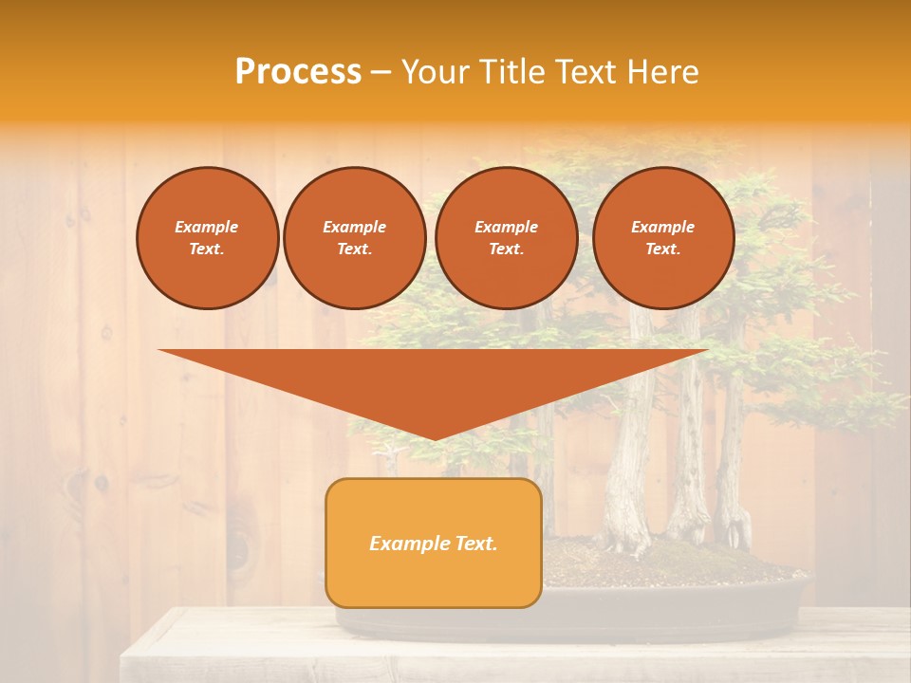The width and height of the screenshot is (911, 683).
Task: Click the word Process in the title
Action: point(298,72)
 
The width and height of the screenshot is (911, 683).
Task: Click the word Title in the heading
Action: point(509,72)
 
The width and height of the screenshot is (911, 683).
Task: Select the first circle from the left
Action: point(207,237)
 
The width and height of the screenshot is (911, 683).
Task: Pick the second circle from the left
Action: point(354,237)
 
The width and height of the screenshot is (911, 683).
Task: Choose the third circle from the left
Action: point(506,237)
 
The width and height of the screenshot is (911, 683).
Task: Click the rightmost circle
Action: point(662,237)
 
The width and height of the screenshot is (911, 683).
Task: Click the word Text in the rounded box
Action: point(474,544)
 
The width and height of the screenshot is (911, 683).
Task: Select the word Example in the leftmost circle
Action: point(207,227)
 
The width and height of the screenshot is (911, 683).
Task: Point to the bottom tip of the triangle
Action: point(434,437)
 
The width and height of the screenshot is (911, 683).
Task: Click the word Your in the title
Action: point(436,72)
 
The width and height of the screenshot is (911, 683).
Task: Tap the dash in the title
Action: point(381,72)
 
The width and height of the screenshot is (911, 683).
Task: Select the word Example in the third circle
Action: point(506,227)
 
